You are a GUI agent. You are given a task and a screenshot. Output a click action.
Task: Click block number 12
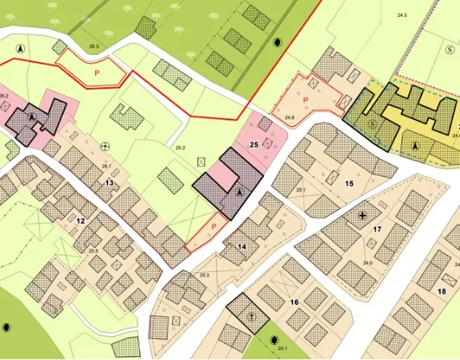pyautogui.click(x=80, y=220)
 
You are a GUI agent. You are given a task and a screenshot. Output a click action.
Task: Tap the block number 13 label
pyautogui.click(x=109, y=183)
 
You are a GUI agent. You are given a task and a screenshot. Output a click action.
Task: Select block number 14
pyautogui.click(x=241, y=246)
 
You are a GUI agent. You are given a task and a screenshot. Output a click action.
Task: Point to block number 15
pyautogui.click(x=349, y=184)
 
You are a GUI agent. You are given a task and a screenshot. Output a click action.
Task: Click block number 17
pyautogui.click(x=377, y=229)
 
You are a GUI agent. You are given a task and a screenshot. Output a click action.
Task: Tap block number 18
pyautogui.click(x=441, y=291)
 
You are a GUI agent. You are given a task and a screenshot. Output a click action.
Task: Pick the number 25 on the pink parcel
pyautogui.click(x=253, y=144)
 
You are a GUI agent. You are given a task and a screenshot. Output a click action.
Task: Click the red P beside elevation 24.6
pyautogui.click(x=306, y=99)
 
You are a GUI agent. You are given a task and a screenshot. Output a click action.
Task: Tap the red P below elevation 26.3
pyautogui.click(x=98, y=73)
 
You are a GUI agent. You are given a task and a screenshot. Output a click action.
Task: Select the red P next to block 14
pyautogui.click(x=215, y=228)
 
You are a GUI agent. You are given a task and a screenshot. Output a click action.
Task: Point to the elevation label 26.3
pyautogui.click(x=94, y=47)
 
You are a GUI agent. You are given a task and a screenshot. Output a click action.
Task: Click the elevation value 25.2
pyautogui.click(x=180, y=148)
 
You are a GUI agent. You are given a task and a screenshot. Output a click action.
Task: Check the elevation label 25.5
pyautogui.click(x=94, y=252)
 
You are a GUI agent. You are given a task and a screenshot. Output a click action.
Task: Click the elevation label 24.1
pyautogui.click(x=282, y=347)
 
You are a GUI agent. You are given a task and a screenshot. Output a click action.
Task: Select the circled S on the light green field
pyautogui.click(x=449, y=48)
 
